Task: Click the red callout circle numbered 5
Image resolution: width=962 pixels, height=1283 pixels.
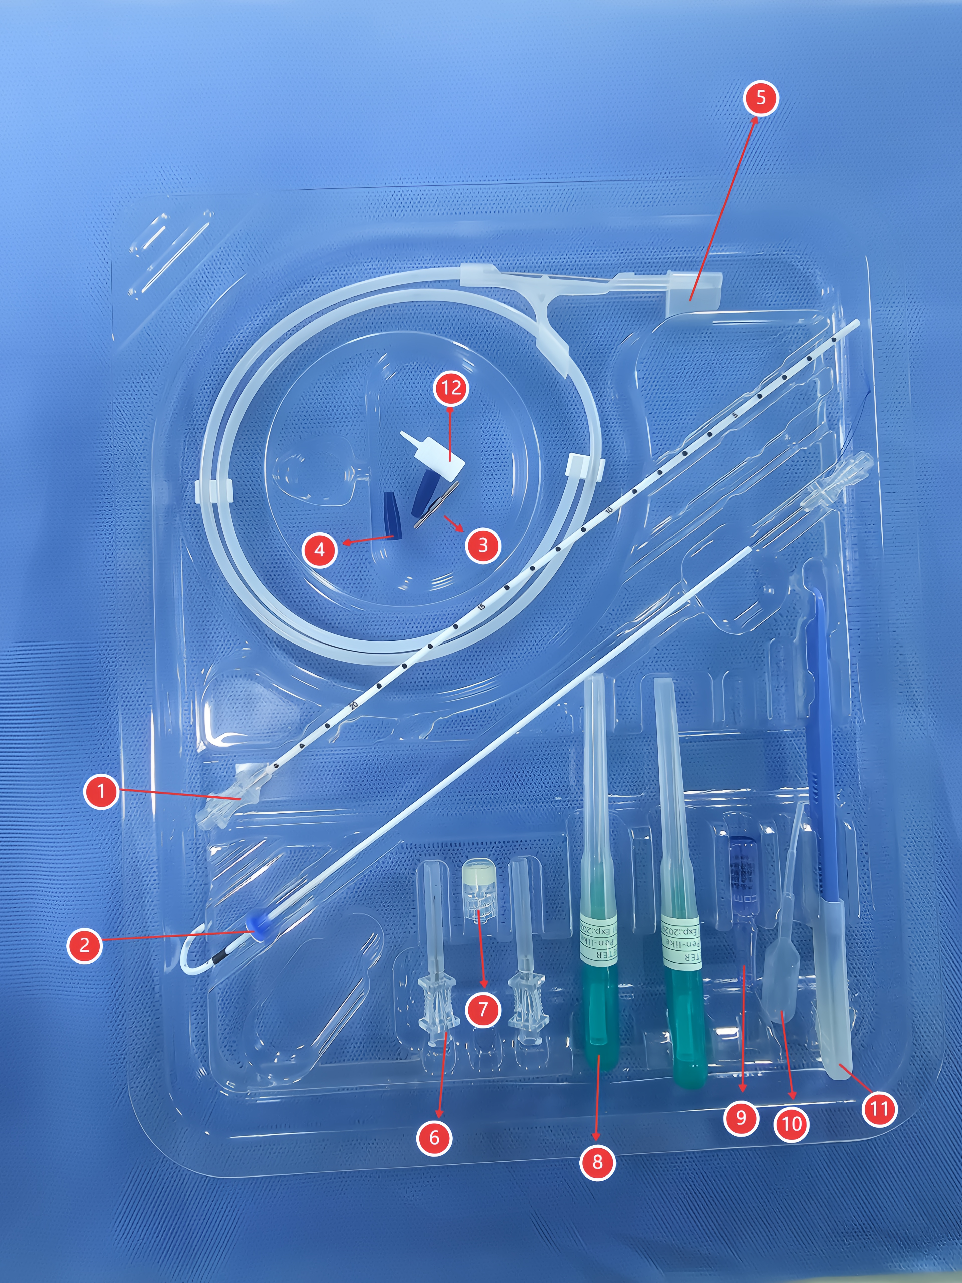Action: [760, 98]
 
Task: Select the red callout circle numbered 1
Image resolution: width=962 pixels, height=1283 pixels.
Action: [101, 791]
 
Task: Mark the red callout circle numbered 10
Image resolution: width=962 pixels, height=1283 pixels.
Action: [791, 1124]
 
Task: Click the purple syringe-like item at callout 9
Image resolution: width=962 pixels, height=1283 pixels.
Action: [741, 887]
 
